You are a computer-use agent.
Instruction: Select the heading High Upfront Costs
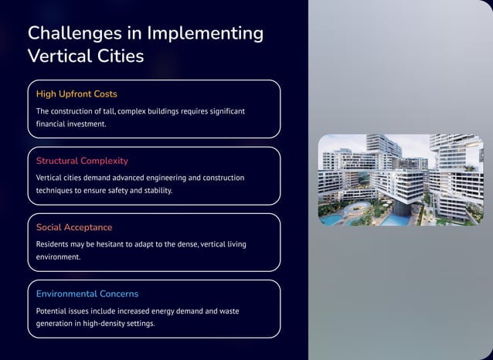click(x=76, y=94)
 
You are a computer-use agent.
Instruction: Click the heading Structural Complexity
click(x=82, y=161)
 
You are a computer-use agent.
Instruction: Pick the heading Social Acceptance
click(x=74, y=227)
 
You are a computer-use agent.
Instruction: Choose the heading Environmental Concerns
click(x=87, y=294)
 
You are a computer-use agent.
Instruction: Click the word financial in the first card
click(x=53, y=124)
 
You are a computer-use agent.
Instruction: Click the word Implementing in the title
click(x=205, y=33)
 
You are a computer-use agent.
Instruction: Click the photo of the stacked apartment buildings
click(x=395, y=180)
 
